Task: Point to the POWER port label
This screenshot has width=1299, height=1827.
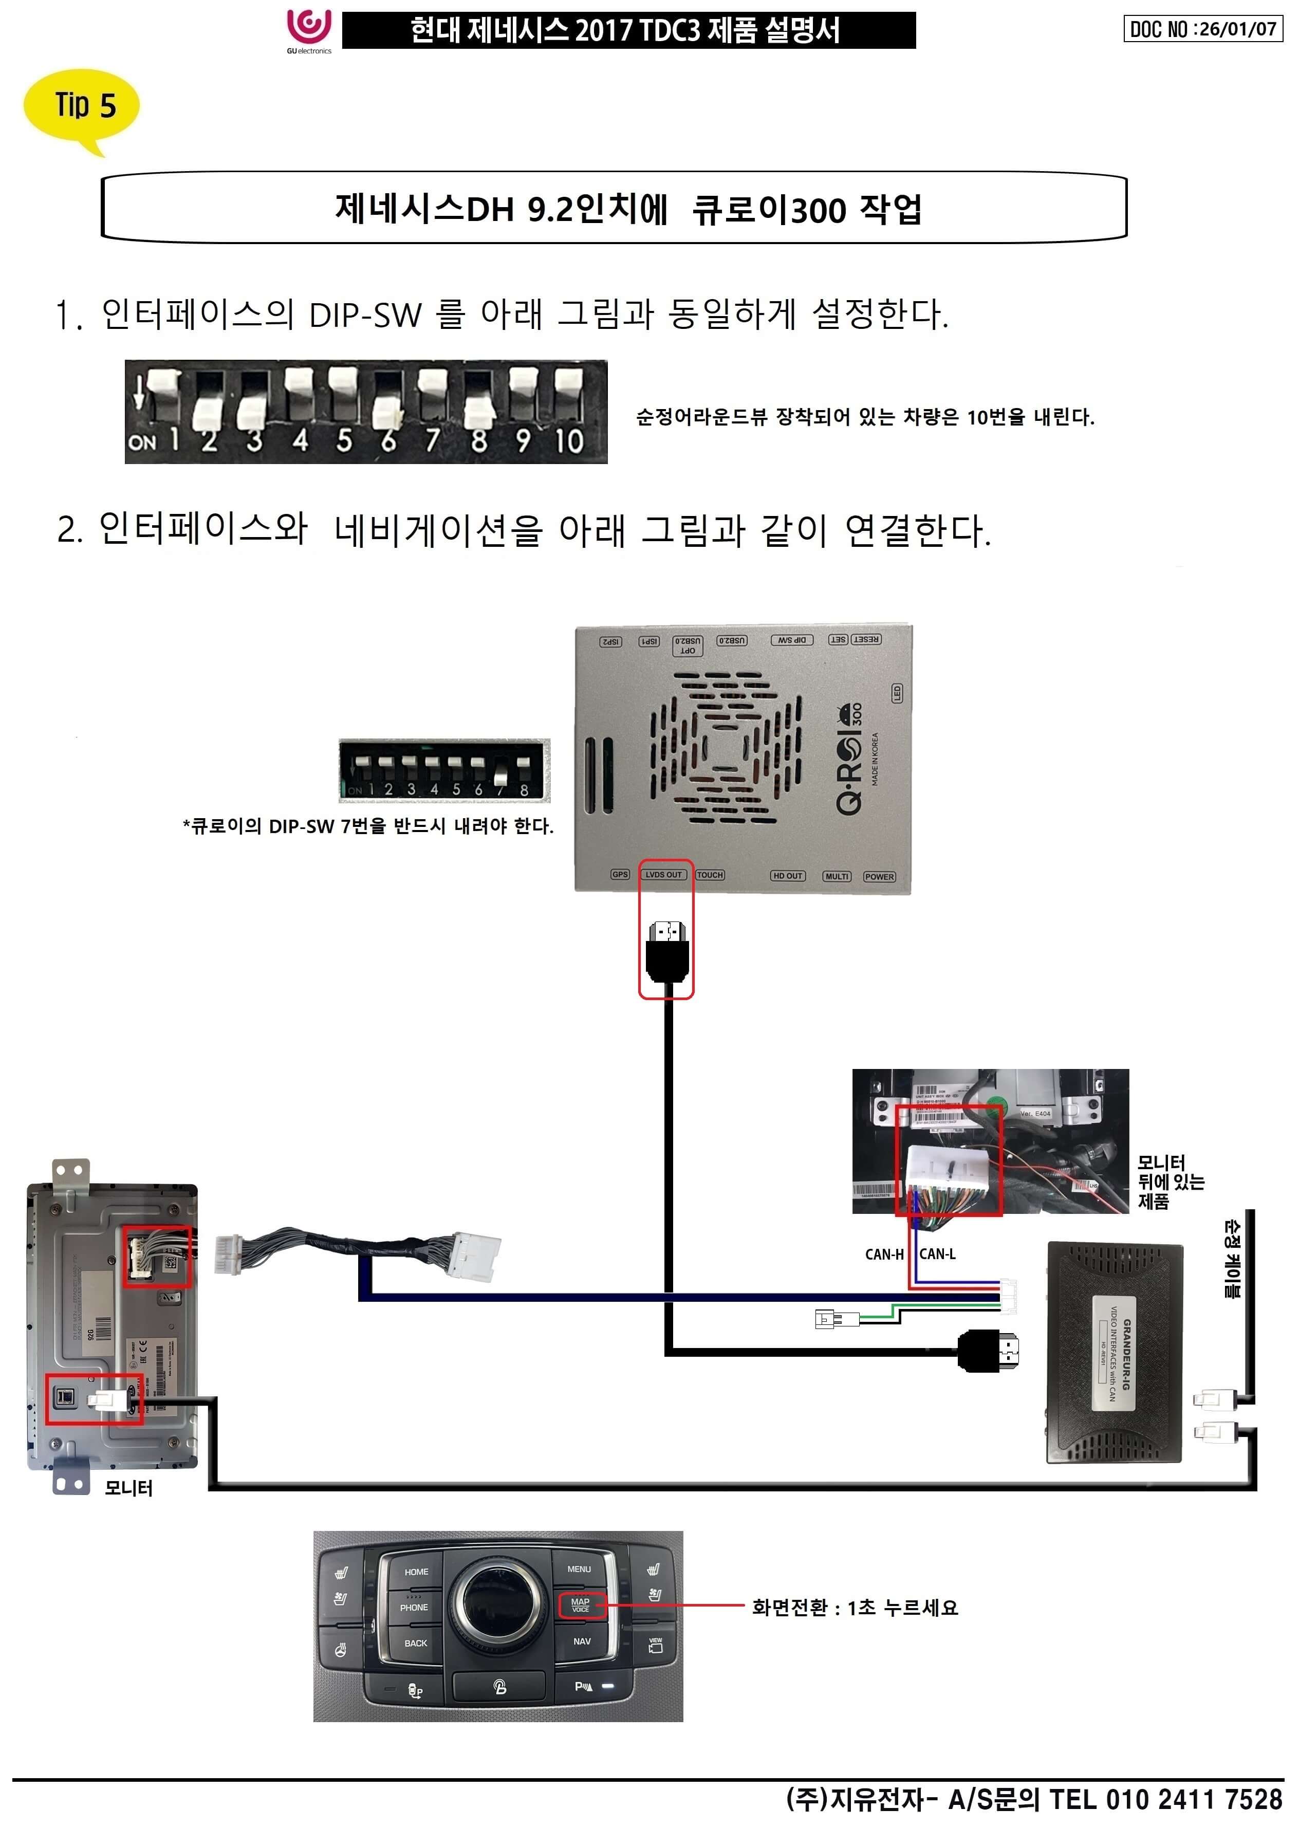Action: tap(879, 877)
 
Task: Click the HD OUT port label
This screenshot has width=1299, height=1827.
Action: tap(788, 876)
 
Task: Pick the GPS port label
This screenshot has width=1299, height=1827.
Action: tap(620, 874)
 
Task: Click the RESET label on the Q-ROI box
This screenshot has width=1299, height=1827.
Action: tap(866, 639)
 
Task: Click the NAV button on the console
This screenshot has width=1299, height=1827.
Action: tap(582, 1641)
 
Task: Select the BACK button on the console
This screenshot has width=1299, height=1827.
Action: tap(415, 1643)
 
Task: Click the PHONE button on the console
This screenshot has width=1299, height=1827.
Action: tap(414, 1607)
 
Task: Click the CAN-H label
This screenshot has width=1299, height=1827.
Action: tap(884, 1254)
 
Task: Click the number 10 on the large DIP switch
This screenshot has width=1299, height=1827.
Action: tap(569, 441)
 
